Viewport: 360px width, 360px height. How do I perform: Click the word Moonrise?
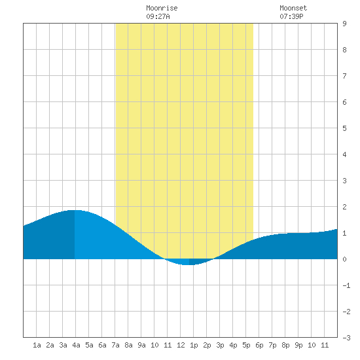pos(162,8)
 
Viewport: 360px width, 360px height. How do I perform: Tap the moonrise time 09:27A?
pos(158,16)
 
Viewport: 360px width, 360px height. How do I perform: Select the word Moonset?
pos(293,8)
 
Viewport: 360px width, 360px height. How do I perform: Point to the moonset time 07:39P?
pos(291,16)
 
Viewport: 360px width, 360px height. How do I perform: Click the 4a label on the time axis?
pos(76,345)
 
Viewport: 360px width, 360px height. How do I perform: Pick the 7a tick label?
pos(115,345)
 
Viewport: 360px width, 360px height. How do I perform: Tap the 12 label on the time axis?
pos(181,345)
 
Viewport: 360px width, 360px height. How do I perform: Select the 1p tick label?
pos(194,345)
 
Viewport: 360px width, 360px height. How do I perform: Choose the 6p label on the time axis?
pos(259,345)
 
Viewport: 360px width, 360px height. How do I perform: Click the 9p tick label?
pos(298,345)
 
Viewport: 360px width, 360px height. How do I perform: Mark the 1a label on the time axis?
pos(37,345)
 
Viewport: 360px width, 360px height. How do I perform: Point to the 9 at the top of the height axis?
pos(344,24)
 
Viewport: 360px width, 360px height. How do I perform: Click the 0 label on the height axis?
pos(344,259)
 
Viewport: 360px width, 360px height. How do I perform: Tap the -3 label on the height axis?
pos(346,338)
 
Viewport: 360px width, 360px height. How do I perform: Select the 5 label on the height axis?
pos(344,128)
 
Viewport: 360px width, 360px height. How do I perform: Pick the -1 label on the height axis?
pos(346,285)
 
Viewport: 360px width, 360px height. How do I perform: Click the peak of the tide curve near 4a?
pos(74,210)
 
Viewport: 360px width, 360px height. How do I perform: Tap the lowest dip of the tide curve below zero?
pos(189,264)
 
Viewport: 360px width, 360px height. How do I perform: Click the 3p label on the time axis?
pos(220,345)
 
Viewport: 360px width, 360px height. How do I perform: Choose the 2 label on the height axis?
pos(344,207)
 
